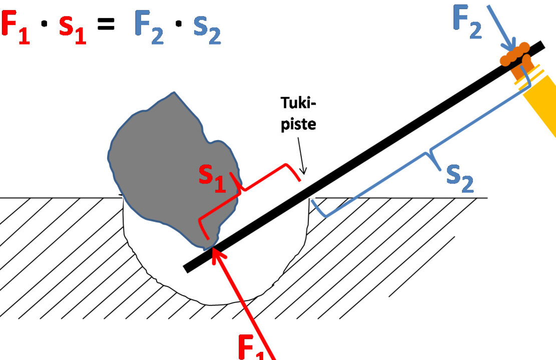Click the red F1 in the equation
point(16,27)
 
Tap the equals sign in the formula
point(106,24)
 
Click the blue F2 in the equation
point(149,27)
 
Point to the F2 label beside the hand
point(467,22)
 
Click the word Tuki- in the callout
point(298,103)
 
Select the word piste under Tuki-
point(298,124)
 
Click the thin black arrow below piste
point(301,156)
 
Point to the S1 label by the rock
point(212,178)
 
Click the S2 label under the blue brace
point(460,178)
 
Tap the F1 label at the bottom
point(251,347)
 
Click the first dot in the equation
point(44,24)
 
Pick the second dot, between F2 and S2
point(179,24)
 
